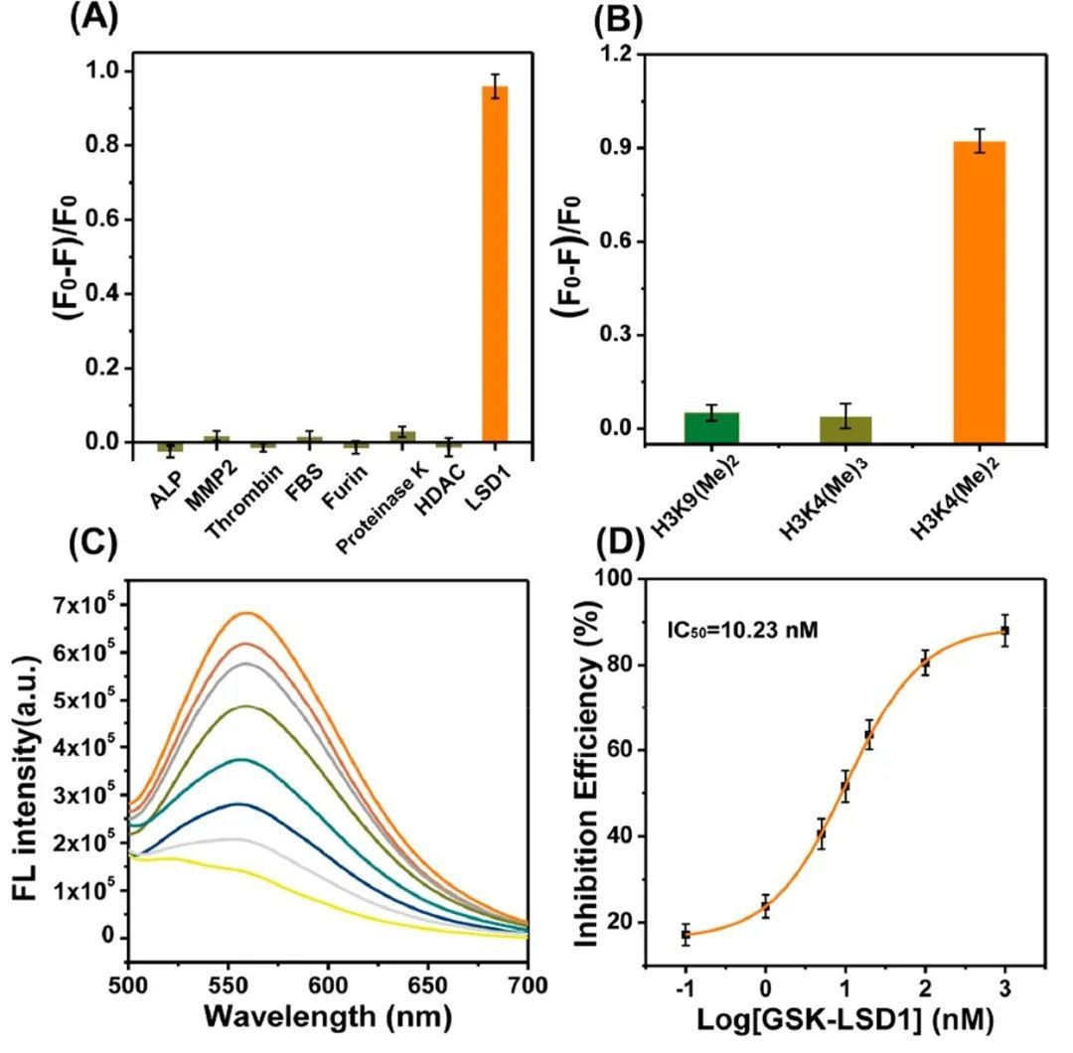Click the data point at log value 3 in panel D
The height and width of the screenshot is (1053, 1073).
(1004, 631)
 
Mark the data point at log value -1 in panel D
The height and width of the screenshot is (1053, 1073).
(686, 934)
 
